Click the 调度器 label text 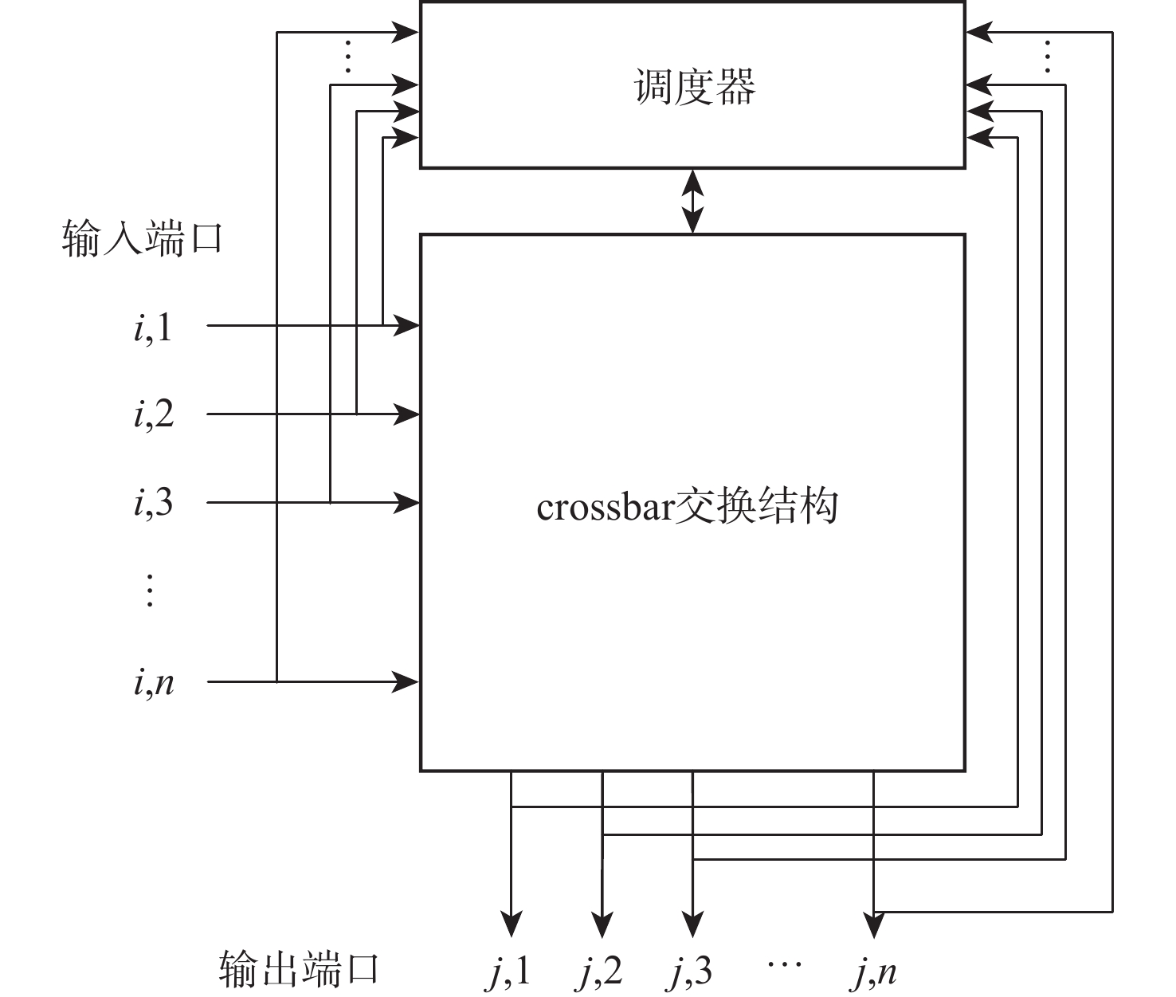pyautogui.click(x=694, y=87)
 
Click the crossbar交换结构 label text pyautogui.click(x=687, y=505)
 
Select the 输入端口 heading pyautogui.click(x=141, y=238)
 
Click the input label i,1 pyautogui.click(x=152, y=327)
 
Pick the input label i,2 pyautogui.click(x=153, y=414)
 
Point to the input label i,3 pyautogui.click(x=153, y=503)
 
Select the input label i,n pyautogui.click(x=153, y=682)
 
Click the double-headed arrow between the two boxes pyautogui.click(x=693, y=201)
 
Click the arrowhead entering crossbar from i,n pyautogui.click(x=406, y=681)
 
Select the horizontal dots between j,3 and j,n pyautogui.click(x=784, y=965)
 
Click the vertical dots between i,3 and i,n pyautogui.click(x=149, y=591)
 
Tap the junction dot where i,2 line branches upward pyautogui.click(x=356, y=414)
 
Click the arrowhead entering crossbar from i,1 pyautogui.click(x=406, y=325)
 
